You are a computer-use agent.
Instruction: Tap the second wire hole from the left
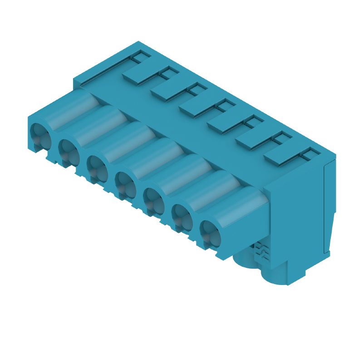coord(68,150)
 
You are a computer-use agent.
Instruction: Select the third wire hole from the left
coord(97,165)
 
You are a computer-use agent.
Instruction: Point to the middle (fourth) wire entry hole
coord(125,181)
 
